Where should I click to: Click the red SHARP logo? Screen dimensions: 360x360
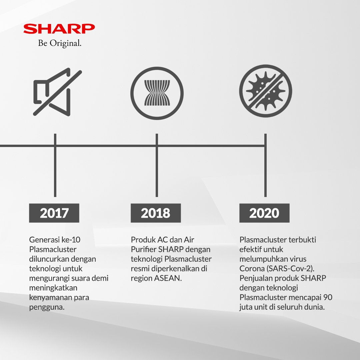tap(59, 29)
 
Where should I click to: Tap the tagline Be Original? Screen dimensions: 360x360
tap(60, 44)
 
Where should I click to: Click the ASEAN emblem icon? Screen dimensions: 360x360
tap(157, 92)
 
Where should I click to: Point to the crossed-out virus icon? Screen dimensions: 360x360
tap(265, 92)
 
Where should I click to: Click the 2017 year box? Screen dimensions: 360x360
tap(54, 213)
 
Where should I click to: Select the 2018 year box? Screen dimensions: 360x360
tap(156, 213)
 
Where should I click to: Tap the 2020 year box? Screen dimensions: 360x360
tap(264, 213)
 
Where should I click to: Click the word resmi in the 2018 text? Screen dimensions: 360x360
tap(140, 269)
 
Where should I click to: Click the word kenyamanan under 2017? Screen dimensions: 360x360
tap(50, 297)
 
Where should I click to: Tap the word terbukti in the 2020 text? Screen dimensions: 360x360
tap(301, 240)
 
